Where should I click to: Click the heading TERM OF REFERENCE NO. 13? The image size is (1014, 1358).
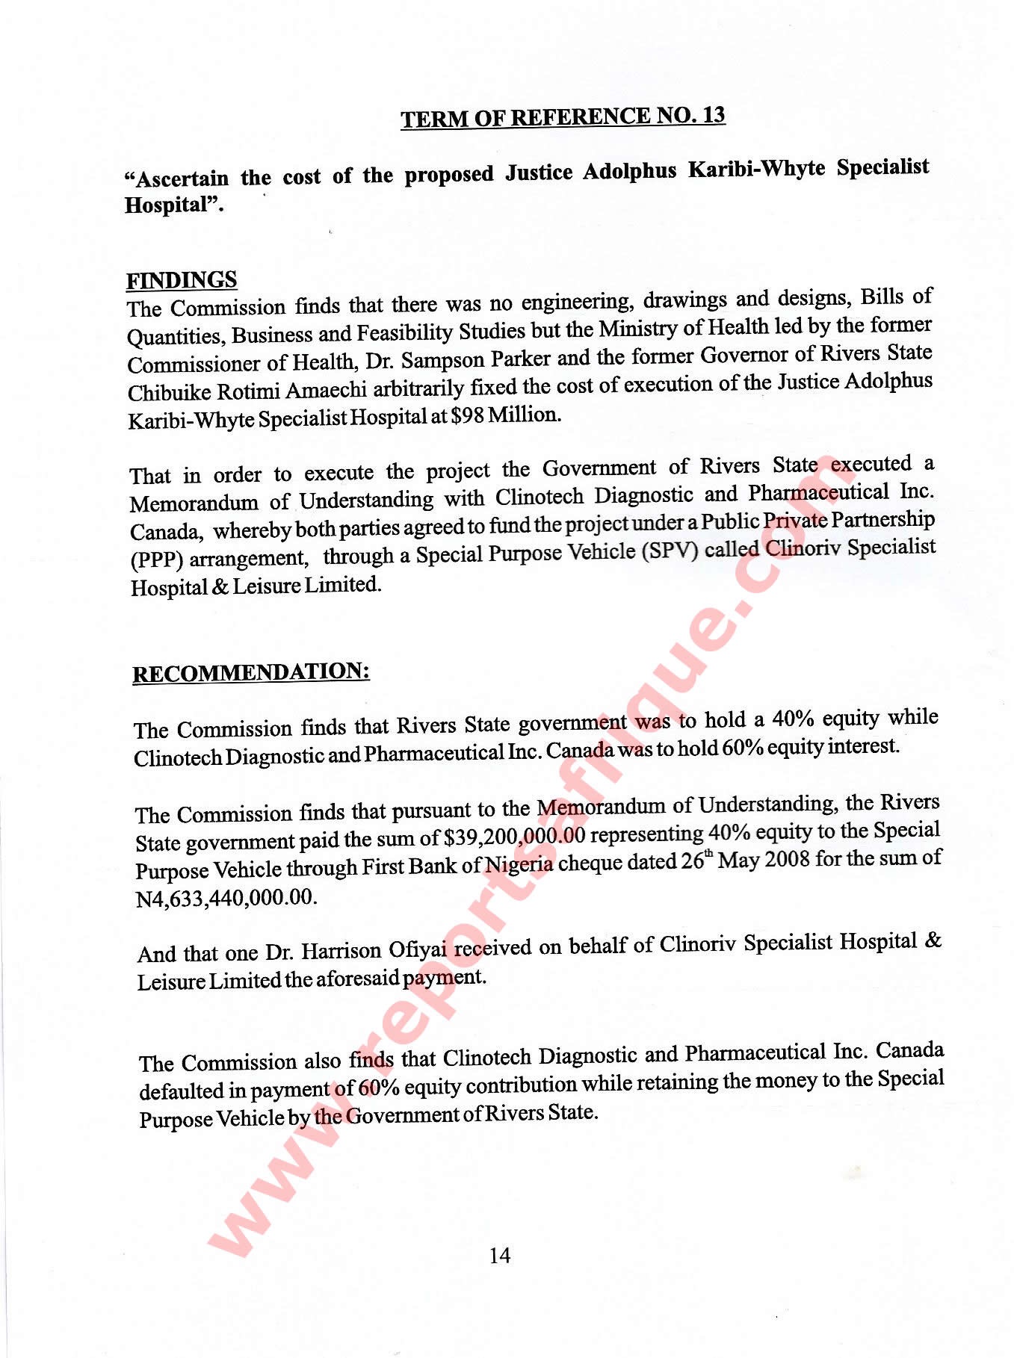(x=563, y=117)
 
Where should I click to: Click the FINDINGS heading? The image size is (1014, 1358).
(x=182, y=280)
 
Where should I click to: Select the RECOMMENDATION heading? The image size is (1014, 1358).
(x=251, y=672)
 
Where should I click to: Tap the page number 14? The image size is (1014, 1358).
(x=500, y=1256)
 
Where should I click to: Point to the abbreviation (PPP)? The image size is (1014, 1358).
(x=156, y=559)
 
